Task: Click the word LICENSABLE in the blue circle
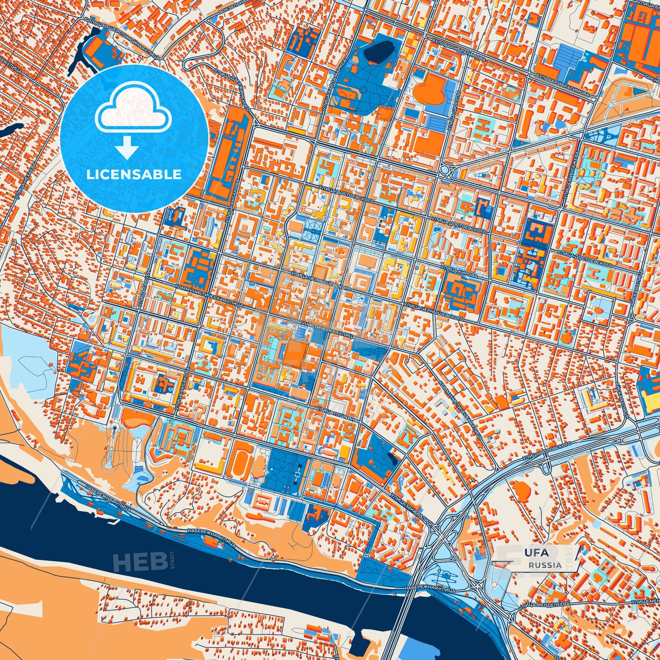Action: tap(134, 174)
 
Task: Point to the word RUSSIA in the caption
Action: tap(545, 565)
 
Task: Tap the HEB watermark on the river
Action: tap(140, 561)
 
